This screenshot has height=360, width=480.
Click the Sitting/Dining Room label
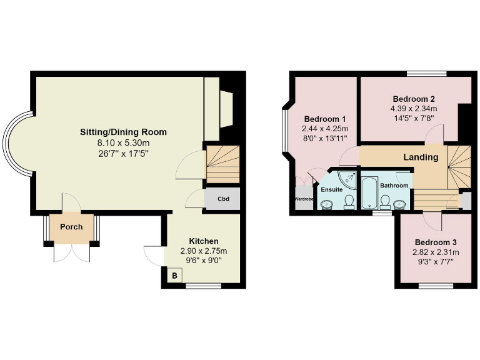point(123,132)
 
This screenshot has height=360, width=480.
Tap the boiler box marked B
point(175,276)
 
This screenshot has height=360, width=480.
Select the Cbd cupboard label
point(222,200)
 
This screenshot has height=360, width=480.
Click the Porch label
point(71,226)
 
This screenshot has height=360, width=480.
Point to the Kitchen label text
point(204,241)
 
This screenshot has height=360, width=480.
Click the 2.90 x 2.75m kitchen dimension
point(204,251)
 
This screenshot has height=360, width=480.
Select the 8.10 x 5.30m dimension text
point(123,142)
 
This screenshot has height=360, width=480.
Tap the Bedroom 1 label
point(325,119)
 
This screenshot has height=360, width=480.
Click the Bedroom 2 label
point(413,99)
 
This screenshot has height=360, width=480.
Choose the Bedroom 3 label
point(436,242)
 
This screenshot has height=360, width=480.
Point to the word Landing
point(420,157)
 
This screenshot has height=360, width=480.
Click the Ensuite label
point(331,189)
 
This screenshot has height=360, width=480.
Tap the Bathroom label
point(394,186)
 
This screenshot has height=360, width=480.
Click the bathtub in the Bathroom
point(369,192)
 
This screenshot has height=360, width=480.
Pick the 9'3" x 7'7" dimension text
point(436,261)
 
